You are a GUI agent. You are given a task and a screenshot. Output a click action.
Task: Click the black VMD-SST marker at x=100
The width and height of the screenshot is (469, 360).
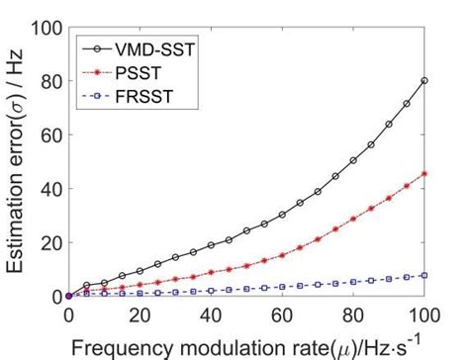[423, 81]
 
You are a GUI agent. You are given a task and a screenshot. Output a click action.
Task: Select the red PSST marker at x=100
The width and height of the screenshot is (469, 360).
[423, 173]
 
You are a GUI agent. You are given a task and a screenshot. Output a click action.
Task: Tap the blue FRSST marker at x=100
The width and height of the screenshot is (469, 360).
[423, 275]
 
